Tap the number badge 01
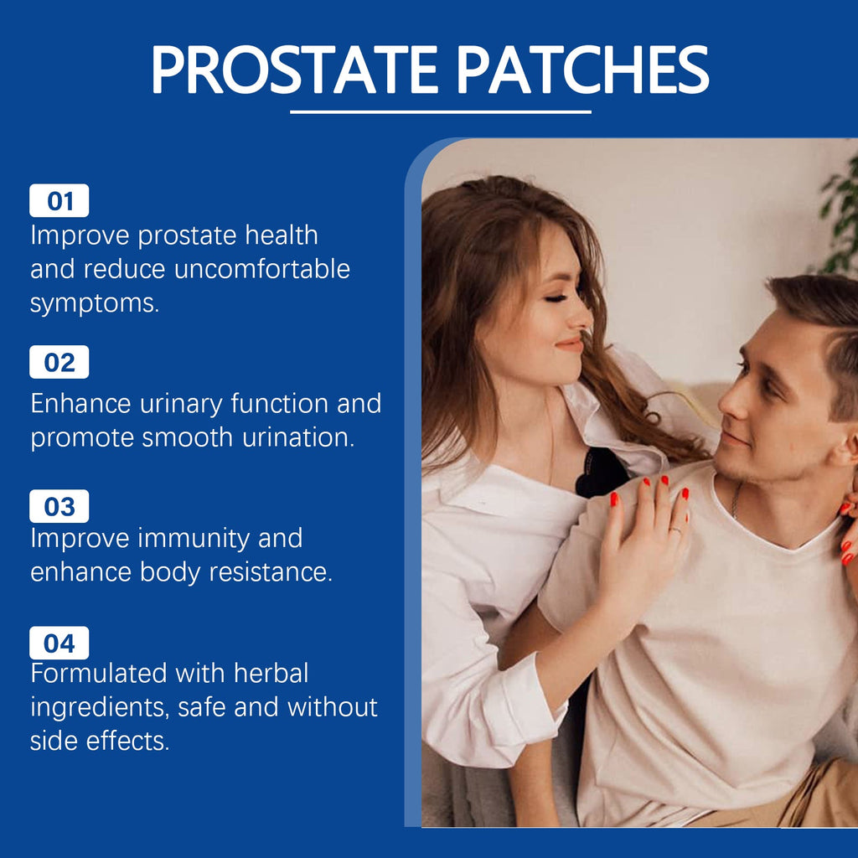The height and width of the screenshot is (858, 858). click(59, 201)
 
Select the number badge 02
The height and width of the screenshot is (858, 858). click(59, 363)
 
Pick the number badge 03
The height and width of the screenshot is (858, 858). click(59, 507)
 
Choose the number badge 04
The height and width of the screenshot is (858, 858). click(59, 643)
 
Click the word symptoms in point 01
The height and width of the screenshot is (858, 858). click(94, 304)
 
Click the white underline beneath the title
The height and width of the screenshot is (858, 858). click(441, 111)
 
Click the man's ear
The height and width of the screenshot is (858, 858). click(846, 445)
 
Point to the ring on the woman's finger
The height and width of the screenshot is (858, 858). click(675, 530)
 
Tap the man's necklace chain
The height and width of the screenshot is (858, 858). click(736, 501)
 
